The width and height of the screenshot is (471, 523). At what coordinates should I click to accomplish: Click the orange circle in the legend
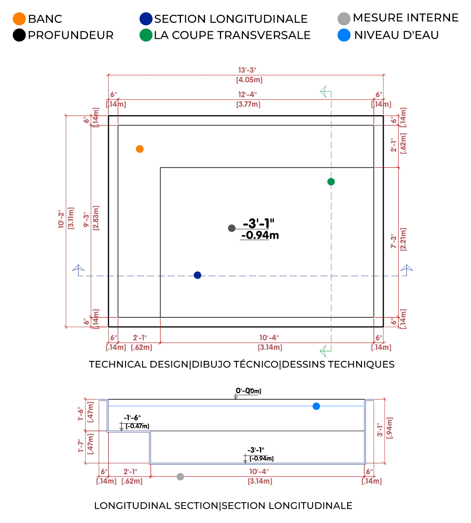(x=19, y=19)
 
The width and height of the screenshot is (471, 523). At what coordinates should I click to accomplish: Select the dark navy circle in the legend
(x=146, y=19)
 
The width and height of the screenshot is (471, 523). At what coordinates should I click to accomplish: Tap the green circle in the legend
(x=146, y=35)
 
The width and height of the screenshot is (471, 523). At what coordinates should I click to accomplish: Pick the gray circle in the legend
(x=343, y=18)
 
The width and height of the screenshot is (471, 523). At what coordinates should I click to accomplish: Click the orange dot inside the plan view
(x=140, y=149)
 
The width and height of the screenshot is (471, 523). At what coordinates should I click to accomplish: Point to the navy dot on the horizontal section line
(x=198, y=274)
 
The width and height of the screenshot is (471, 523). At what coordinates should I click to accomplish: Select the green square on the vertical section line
(x=330, y=182)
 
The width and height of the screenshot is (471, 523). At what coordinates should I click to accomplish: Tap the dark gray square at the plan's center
(x=232, y=228)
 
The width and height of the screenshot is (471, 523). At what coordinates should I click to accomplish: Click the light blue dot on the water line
(x=316, y=407)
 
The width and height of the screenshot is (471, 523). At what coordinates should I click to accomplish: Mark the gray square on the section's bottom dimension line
(x=180, y=476)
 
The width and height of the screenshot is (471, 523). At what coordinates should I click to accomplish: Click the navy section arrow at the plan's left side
(x=78, y=268)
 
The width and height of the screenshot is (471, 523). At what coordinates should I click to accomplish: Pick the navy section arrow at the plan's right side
(x=406, y=268)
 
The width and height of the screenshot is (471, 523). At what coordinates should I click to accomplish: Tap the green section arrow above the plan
(x=324, y=92)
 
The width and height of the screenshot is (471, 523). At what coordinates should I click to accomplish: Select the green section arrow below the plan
(x=324, y=350)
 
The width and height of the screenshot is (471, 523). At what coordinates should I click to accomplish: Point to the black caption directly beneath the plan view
(x=241, y=364)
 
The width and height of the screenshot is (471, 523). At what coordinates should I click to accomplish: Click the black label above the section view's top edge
(x=247, y=393)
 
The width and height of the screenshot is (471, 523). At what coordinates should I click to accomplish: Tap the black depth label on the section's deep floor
(x=259, y=454)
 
